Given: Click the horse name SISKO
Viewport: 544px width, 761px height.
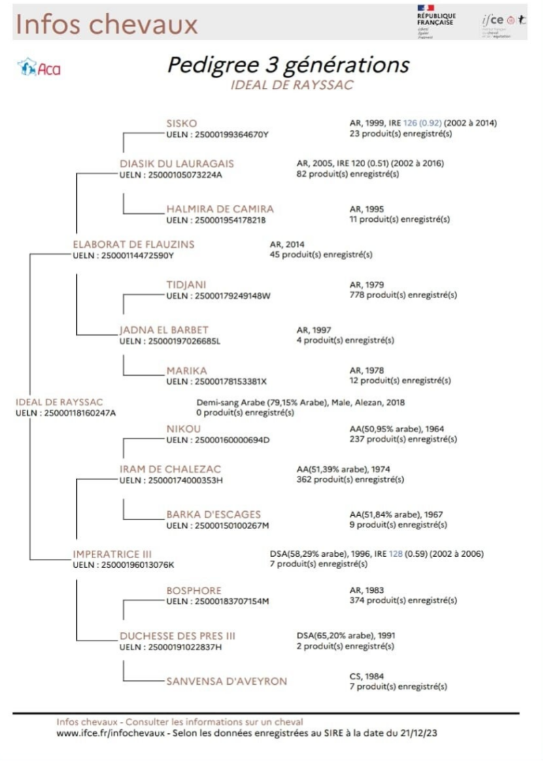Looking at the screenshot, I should (x=182, y=123).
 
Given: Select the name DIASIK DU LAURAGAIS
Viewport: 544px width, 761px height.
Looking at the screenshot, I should (x=176, y=163).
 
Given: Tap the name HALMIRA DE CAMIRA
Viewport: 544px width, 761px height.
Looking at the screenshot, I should (x=220, y=209).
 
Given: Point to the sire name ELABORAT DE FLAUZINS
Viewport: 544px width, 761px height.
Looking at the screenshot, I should (x=133, y=244).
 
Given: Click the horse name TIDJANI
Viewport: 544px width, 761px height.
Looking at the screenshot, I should (x=186, y=284).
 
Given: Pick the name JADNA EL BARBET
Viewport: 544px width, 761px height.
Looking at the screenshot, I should (x=164, y=330).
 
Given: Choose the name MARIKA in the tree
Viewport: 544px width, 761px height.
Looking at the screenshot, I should (x=186, y=370).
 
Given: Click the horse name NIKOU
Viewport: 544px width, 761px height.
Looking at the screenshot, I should (x=184, y=429).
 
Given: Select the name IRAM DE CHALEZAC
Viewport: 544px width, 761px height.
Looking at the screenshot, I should (x=170, y=469).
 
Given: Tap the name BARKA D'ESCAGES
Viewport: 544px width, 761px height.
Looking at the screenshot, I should (x=214, y=514).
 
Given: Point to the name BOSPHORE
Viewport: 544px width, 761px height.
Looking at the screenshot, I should (x=194, y=591).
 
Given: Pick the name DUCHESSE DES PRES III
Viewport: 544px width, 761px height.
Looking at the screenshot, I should (x=177, y=636).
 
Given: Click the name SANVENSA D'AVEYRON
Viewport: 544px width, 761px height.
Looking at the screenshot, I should (x=226, y=681).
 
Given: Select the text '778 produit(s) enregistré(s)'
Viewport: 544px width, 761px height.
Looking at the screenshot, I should (x=403, y=295).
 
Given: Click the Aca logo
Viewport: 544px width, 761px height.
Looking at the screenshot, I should (x=39, y=67).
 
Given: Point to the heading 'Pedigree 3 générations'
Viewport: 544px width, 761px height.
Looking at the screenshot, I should (x=288, y=65).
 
